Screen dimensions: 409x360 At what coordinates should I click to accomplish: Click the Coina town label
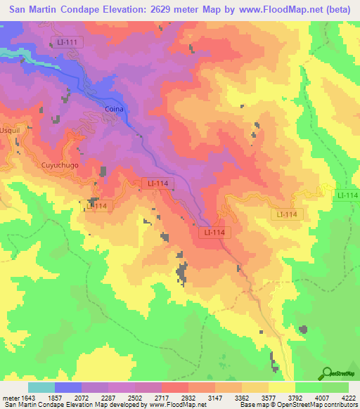(x=114, y=110)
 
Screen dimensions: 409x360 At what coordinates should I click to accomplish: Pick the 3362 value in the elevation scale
(x=241, y=397)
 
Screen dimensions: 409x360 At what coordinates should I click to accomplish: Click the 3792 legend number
(x=295, y=397)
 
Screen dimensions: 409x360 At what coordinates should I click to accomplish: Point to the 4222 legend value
(x=349, y=397)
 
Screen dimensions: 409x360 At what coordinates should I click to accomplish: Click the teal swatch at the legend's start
(x=41, y=387)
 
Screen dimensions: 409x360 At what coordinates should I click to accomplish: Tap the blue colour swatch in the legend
(x=68, y=387)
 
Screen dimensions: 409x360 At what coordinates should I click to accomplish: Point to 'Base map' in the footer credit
(x=250, y=404)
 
